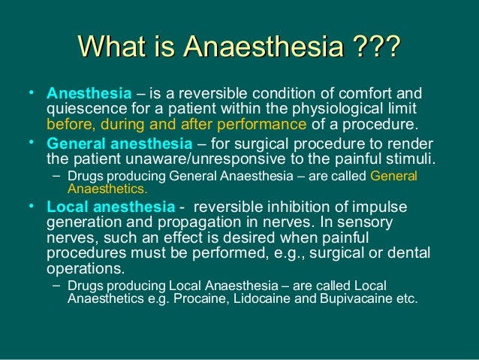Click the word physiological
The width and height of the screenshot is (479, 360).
(342, 110)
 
